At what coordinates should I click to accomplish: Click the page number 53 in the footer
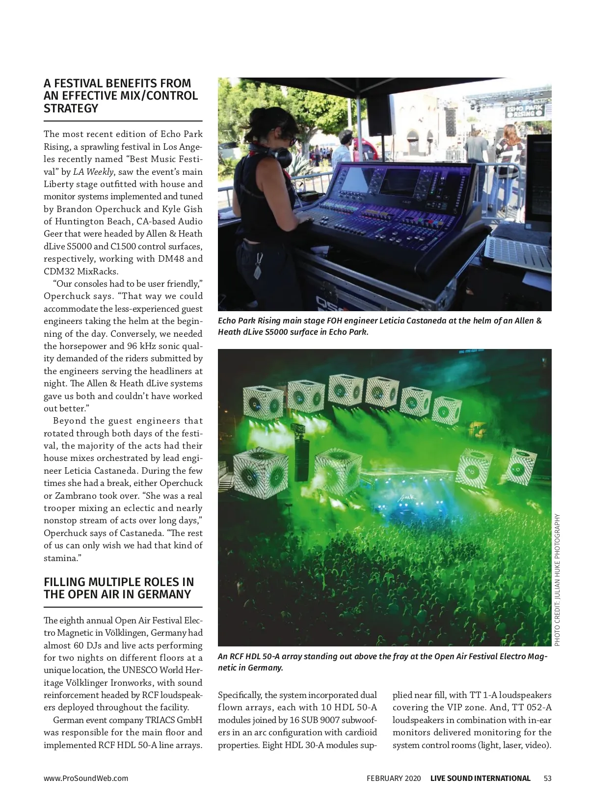point(547,778)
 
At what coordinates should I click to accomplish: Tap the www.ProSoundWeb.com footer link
point(86,778)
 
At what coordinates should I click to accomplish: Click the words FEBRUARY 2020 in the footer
point(394,778)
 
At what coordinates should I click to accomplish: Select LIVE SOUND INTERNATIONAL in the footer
point(480,778)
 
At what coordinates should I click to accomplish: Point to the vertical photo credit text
point(557,580)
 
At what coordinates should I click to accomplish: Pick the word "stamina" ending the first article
point(59,558)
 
